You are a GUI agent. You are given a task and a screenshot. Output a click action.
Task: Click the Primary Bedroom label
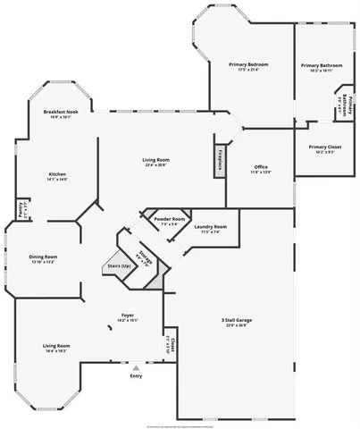(x=248, y=65)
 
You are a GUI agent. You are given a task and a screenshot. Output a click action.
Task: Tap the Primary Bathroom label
(x=322, y=65)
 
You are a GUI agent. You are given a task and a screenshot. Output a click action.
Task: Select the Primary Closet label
(x=325, y=146)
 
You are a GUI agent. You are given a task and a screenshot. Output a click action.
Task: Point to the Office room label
(x=261, y=167)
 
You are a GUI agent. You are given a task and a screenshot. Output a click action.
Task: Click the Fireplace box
(x=219, y=157)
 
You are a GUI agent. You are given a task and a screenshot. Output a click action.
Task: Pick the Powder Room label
(x=170, y=219)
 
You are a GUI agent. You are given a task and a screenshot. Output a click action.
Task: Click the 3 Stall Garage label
(x=236, y=319)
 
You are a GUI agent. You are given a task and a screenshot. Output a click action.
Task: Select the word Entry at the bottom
(x=136, y=375)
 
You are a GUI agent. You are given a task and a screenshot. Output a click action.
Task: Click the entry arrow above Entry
(x=136, y=367)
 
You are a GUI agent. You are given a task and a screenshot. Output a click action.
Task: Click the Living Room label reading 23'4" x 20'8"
(x=155, y=160)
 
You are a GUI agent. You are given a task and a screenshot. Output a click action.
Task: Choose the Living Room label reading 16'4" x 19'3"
(x=56, y=345)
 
